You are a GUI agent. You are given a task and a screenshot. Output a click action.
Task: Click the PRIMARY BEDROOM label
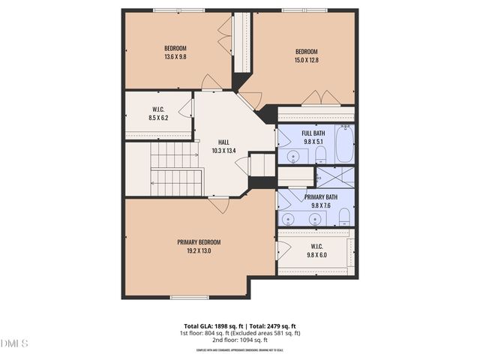click(199, 241)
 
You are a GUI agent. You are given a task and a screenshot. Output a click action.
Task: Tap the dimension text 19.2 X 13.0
click(199, 250)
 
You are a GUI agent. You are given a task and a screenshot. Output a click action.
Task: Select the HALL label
click(223, 142)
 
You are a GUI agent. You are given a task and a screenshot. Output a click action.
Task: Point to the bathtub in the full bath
click(345, 145)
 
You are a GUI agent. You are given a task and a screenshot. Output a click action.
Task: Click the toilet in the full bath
click(320, 154)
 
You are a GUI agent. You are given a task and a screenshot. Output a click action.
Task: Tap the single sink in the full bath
click(292, 157)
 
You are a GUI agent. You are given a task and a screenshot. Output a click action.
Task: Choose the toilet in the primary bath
click(344, 217)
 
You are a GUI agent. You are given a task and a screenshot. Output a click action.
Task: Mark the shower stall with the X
click(335, 177)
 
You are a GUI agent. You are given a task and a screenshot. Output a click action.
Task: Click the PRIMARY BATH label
click(320, 197)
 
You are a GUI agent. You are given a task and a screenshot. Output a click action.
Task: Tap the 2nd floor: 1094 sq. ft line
click(240, 340)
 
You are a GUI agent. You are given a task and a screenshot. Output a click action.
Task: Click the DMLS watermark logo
click(14, 343)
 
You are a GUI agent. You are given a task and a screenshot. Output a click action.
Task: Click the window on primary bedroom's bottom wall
click(189, 298)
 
